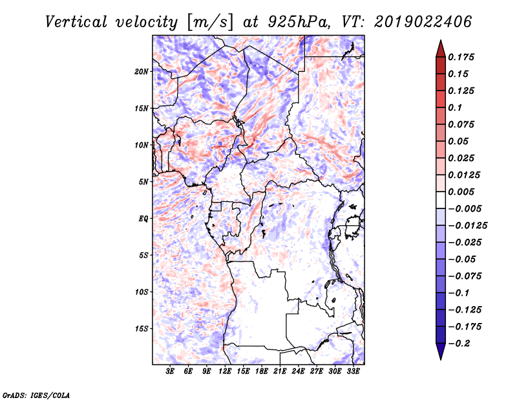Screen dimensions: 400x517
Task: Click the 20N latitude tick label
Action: coord(142,71)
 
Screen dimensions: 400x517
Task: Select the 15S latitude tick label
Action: coord(142,329)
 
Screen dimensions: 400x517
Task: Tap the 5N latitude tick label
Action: coord(143,182)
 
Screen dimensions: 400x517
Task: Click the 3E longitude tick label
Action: coord(170,372)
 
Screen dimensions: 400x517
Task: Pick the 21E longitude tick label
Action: coord(280,372)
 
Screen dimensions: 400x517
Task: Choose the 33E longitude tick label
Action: coord(353,372)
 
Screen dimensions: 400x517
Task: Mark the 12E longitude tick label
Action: coord(225,372)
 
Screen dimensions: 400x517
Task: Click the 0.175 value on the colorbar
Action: coord(463,57)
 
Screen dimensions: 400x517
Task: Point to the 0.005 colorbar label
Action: coord(463,192)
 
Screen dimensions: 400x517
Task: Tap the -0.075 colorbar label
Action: coord(465,276)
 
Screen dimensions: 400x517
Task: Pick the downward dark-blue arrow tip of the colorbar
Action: coord(440,355)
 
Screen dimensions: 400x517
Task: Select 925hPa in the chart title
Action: coord(297,22)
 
